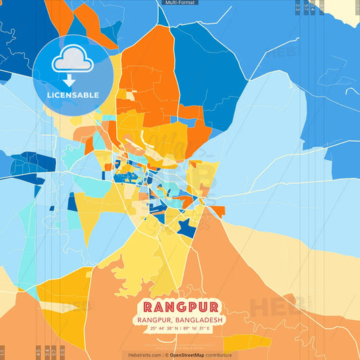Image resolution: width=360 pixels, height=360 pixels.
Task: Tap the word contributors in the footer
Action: (x=219, y=355)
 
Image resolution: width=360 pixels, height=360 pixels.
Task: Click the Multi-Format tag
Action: (x=180, y=3)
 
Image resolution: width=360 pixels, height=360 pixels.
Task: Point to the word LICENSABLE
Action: (x=72, y=95)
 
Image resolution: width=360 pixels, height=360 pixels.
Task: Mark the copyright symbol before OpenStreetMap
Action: (x=166, y=355)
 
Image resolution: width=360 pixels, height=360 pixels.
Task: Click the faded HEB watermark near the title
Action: (x=277, y=307)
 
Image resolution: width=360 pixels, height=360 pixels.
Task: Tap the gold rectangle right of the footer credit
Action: (x=247, y=343)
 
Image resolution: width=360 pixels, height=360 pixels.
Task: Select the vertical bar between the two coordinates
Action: (x=180, y=329)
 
